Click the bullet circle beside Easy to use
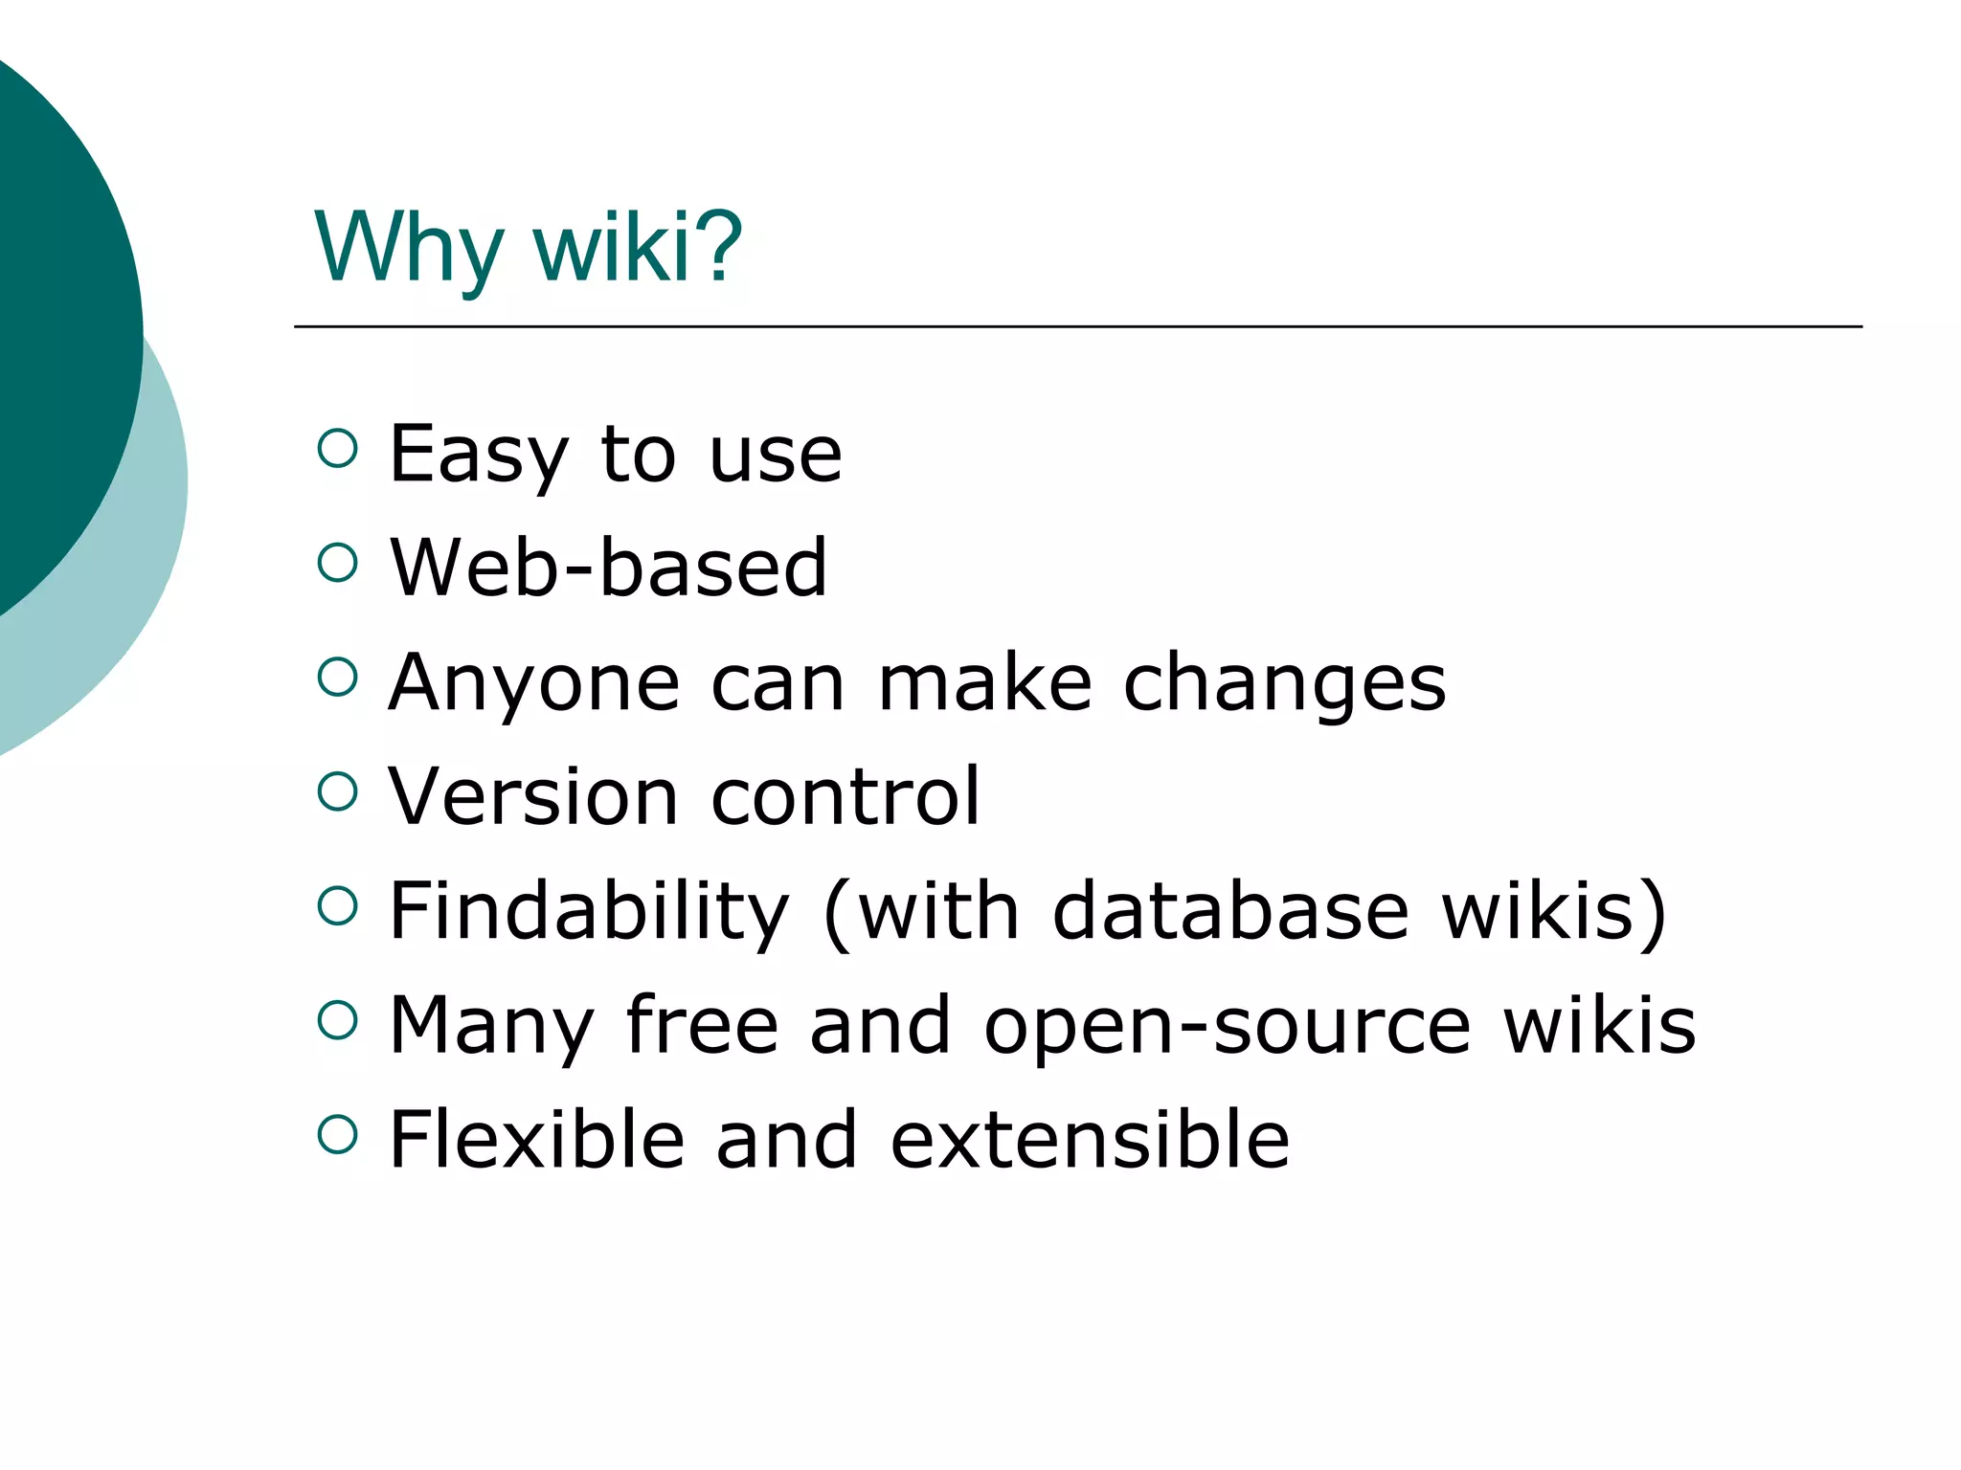click(x=337, y=448)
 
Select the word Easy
click(x=479, y=456)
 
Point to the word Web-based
click(x=608, y=568)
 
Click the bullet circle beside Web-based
click(x=337, y=563)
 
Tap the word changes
click(x=1284, y=684)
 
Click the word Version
click(x=532, y=796)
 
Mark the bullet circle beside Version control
click(x=337, y=791)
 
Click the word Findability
click(x=589, y=912)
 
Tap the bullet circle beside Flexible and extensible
click(x=337, y=1134)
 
